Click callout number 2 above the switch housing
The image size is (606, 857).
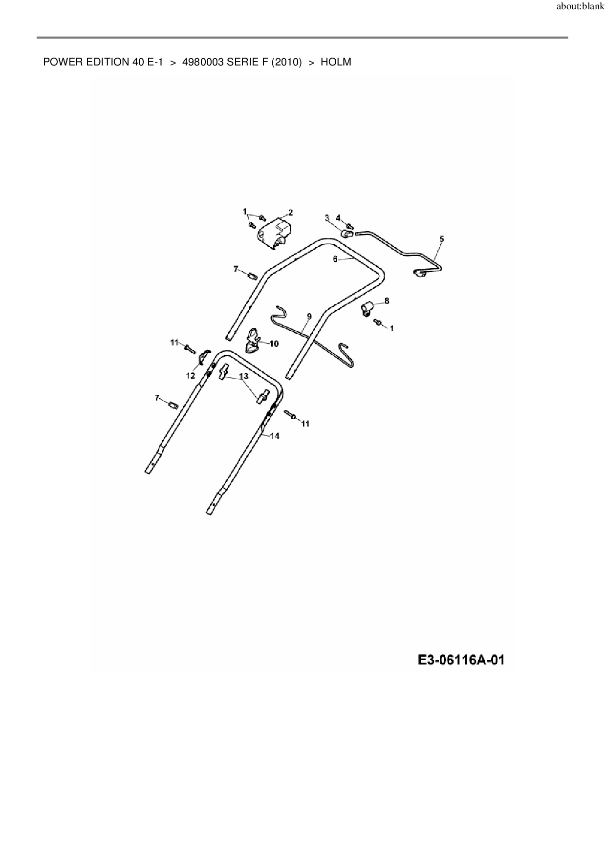pyautogui.click(x=290, y=213)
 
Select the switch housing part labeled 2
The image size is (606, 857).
pyautogui.click(x=274, y=234)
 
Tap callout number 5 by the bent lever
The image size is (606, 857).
pyautogui.click(x=442, y=239)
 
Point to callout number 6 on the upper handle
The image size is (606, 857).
pyautogui.click(x=335, y=259)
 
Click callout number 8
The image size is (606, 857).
pyautogui.click(x=387, y=301)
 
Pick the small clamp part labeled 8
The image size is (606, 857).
pyautogui.click(x=368, y=309)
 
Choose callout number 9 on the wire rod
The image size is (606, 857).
pyautogui.click(x=309, y=317)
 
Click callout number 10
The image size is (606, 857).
pyautogui.click(x=274, y=344)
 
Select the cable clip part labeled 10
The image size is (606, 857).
pyautogui.click(x=252, y=340)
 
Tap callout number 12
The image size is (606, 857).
pyautogui.click(x=191, y=376)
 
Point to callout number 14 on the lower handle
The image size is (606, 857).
pyautogui.click(x=275, y=436)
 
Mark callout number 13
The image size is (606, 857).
pyautogui.click(x=243, y=376)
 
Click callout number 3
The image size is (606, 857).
pyautogui.click(x=327, y=218)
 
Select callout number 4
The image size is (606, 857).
pyautogui.click(x=338, y=218)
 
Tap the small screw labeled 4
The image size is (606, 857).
pyautogui.click(x=350, y=226)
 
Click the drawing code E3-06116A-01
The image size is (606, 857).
pyautogui.click(x=461, y=661)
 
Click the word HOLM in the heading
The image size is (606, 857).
pyautogui.click(x=336, y=63)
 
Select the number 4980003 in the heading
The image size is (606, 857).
pyautogui.click(x=203, y=63)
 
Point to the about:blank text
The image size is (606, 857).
pyautogui.click(x=580, y=7)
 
